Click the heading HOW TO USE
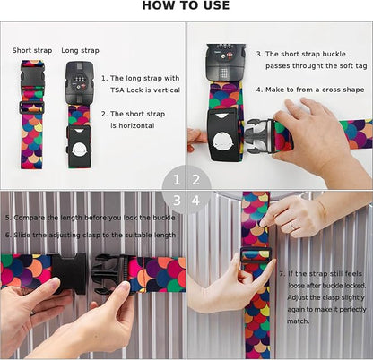pyautogui.click(x=186, y=6)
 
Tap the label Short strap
pyautogui.click(x=31, y=50)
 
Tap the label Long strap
pyautogui.click(x=81, y=50)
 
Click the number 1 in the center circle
pyautogui.click(x=178, y=179)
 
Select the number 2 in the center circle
pyautogui.click(x=196, y=179)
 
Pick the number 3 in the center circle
pyautogui.click(x=178, y=200)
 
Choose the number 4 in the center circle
pyautogui.click(x=196, y=200)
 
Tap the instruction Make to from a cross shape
pyautogui.click(x=305, y=90)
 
